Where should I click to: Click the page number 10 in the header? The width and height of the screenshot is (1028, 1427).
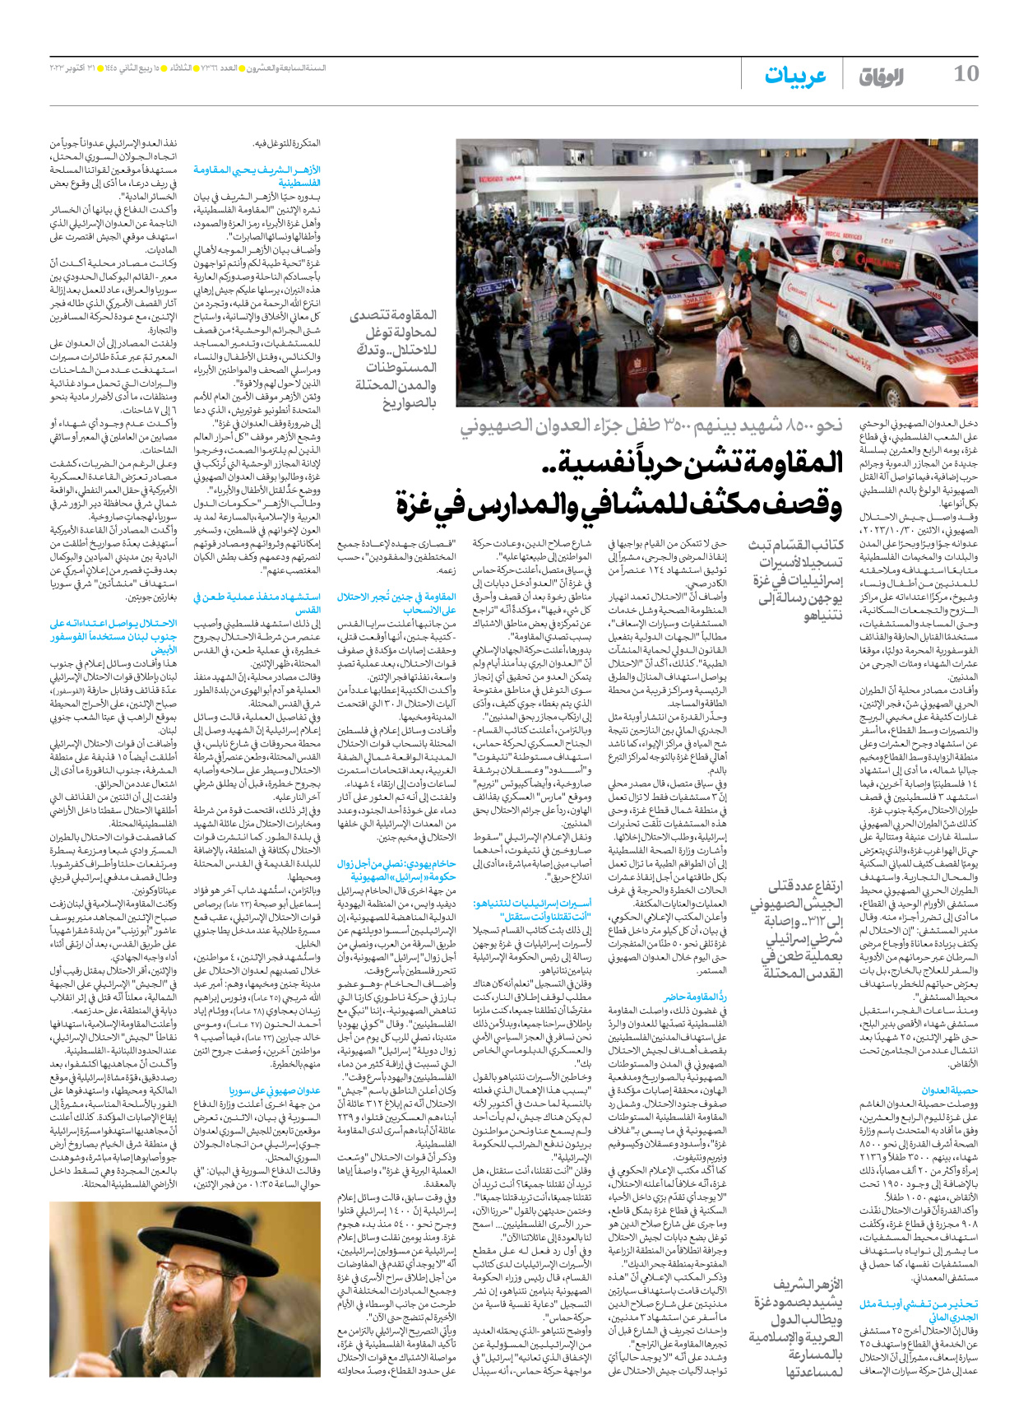pos(965,74)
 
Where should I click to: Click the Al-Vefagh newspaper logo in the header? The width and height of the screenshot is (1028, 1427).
pos(881,77)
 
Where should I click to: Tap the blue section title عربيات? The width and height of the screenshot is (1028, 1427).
pos(794,76)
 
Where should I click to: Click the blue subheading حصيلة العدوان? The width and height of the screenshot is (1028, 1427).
pos(949,1090)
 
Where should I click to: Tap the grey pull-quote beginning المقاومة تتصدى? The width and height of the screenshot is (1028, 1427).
pos(394,359)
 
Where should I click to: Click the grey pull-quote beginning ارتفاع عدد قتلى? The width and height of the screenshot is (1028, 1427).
pos(795,929)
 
